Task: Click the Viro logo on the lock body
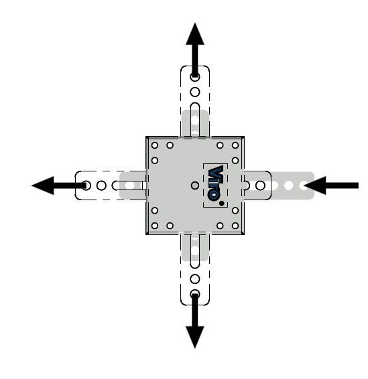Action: pyautogui.click(x=215, y=183)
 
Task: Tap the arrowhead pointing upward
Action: pyautogui.click(x=195, y=34)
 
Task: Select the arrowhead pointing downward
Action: pyautogui.click(x=195, y=337)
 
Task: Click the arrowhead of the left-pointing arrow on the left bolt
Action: pyautogui.click(x=43, y=185)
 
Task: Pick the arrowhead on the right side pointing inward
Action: pyautogui.click(x=315, y=185)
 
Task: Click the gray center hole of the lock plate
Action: pyautogui.click(x=195, y=185)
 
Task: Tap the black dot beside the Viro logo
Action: pyautogui.click(x=221, y=204)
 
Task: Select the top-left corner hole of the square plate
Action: pyautogui.click(x=155, y=145)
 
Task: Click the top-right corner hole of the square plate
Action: pyautogui.click(x=235, y=145)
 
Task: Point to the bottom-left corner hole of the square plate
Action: pyautogui.click(x=155, y=226)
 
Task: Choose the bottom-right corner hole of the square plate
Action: pyautogui.click(x=235, y=226)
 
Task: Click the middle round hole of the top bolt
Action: pyautogui.click(x=195, y=92)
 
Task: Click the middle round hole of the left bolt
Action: pyautogui.click(x=101, y=185)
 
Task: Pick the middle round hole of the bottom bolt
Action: pyautogui.click(x=195, y=279)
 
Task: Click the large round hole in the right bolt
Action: pyautogui.click(x=260, y=185)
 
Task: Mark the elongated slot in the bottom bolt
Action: pyautogui.click(x=195, y=251)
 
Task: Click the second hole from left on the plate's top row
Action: pyautogui.click(x=170, y=145)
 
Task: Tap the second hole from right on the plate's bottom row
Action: pyautogui.click(x=220, y=226)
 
